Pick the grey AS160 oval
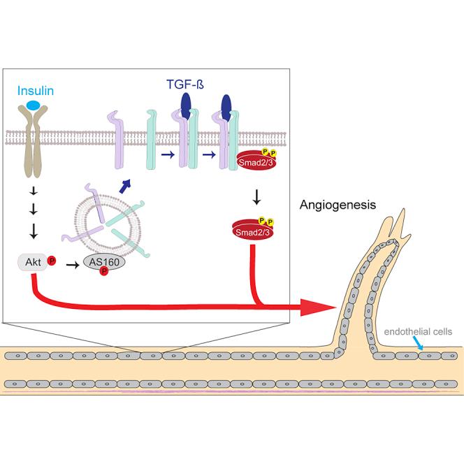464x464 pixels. [101, 261]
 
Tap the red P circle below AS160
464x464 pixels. [103, 272]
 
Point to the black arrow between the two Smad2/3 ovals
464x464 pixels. [256, 198]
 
